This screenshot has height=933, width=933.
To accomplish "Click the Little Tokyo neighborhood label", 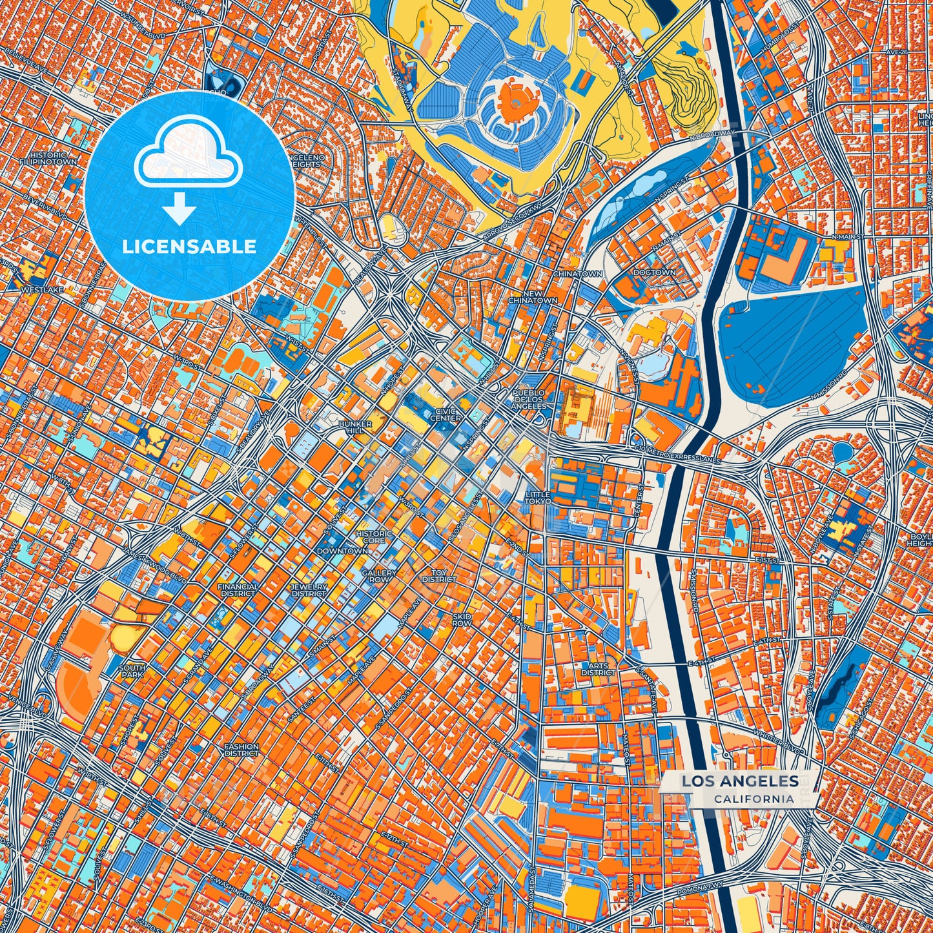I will click(537, 497).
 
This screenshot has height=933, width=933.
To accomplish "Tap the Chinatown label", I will click(577, 274).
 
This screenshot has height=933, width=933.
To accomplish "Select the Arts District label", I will click(598, 668).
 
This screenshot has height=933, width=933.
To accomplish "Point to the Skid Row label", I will click(462, 620).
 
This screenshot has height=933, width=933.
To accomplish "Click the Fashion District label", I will click(241, 750).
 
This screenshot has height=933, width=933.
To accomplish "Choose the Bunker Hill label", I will click(355, 427).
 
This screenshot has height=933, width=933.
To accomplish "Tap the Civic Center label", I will click(448, 415).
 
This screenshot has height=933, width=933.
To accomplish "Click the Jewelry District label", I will click(309, 590).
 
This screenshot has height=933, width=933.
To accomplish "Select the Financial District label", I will click(238, 590).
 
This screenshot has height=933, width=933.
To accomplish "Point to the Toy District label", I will click(439, 575).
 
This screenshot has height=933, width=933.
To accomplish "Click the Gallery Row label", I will click(378, 576).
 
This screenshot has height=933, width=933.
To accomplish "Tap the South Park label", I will click(132, 671).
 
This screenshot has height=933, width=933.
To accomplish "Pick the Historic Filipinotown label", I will click(48, 159).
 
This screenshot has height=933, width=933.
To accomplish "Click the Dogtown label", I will click(654, 273).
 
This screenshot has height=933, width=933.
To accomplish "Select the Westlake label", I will click(42, 291).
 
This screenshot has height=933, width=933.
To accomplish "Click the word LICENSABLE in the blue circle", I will click(189, 247).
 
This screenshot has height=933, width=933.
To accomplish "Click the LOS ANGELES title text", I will click(740, 781).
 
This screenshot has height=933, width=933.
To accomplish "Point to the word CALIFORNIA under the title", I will click(754, 799).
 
